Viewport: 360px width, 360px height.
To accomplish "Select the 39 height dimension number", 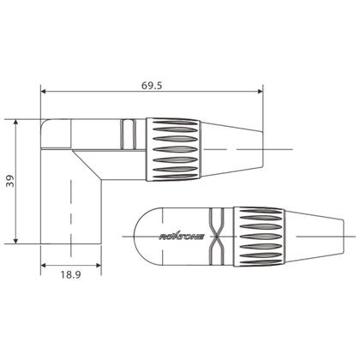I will click(x=9, y=179).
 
